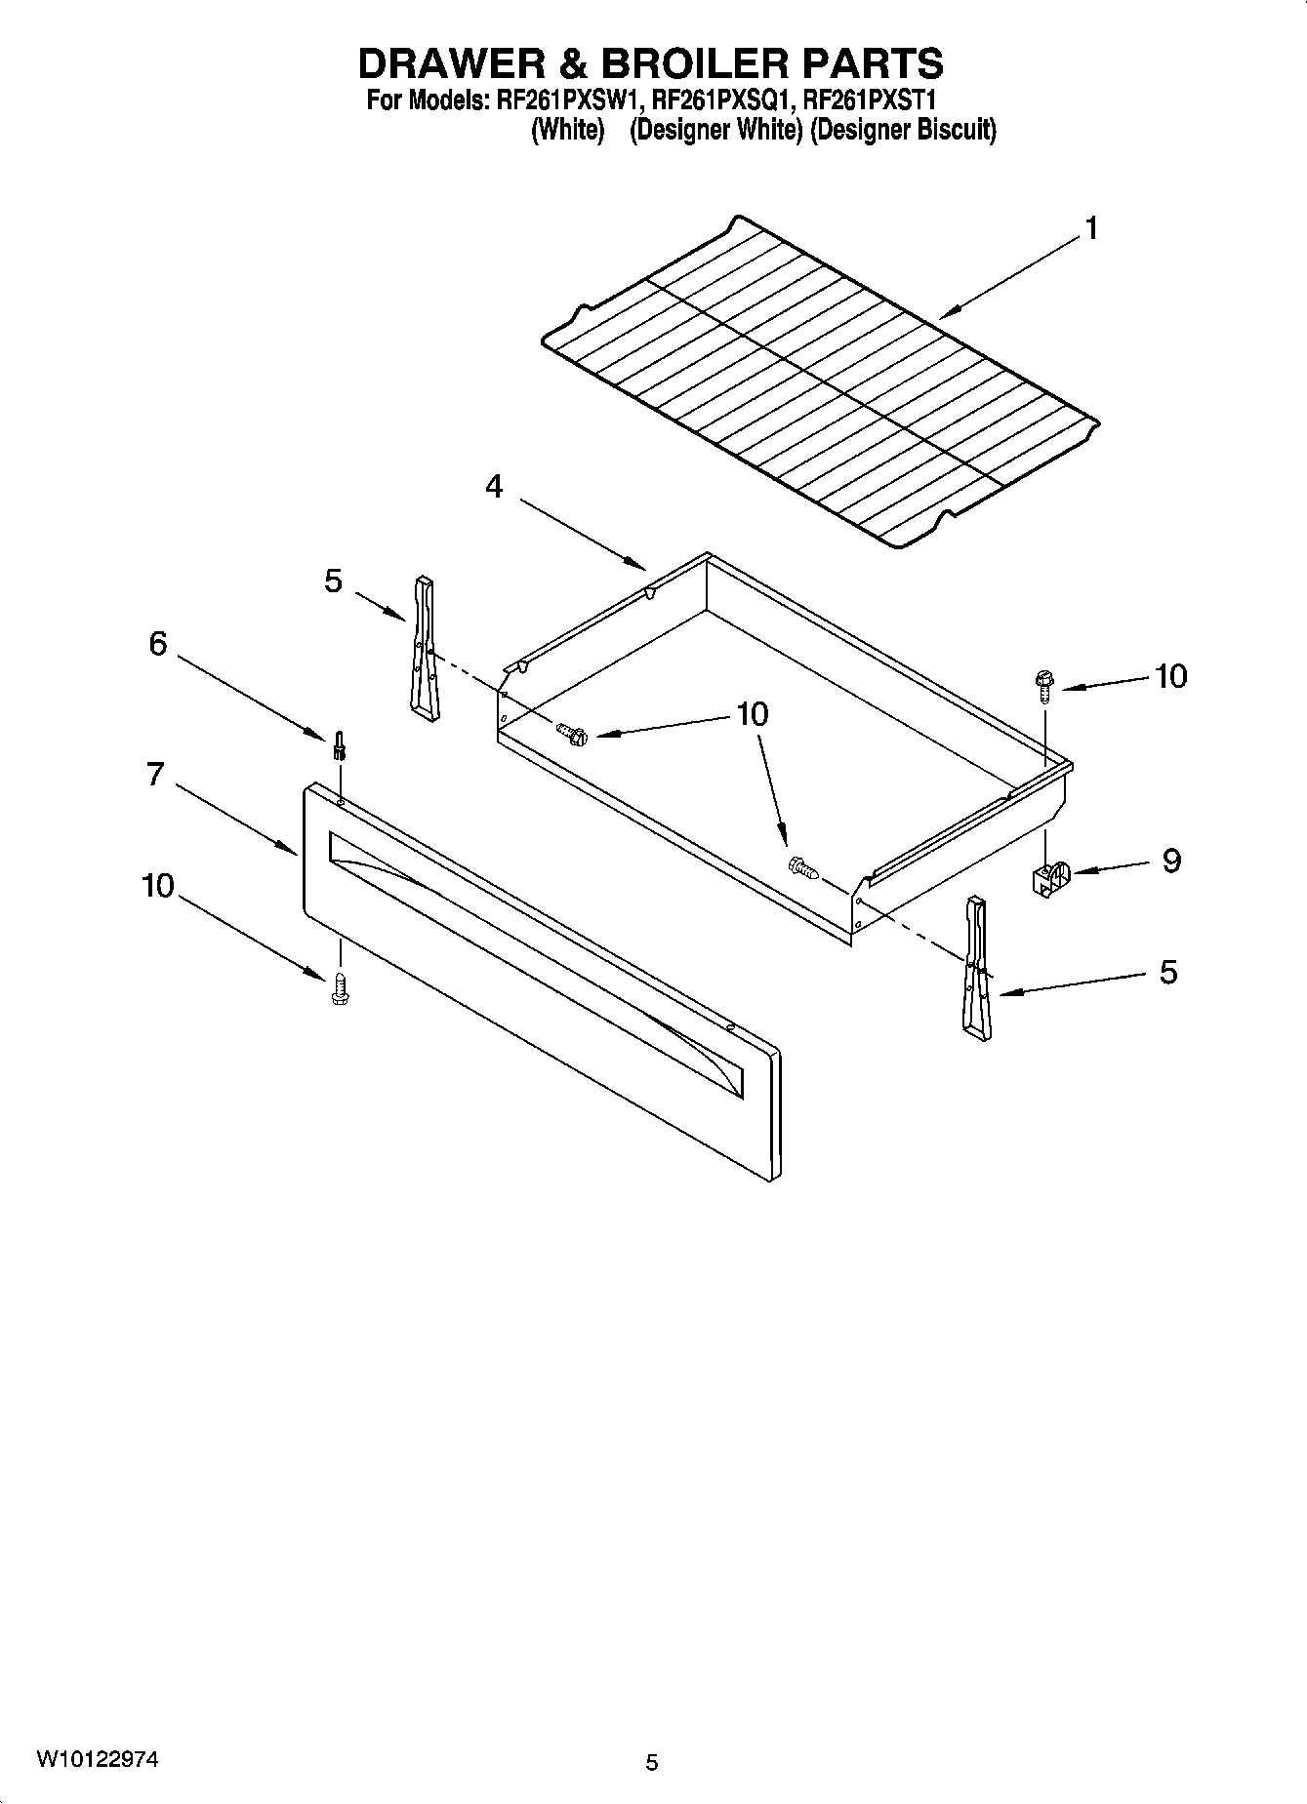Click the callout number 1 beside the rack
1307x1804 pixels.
click(1091, 228)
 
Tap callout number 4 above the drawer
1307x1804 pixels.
click(495, 486)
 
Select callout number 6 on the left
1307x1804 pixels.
click(158, 644)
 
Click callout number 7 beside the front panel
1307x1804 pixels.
click(154, 775)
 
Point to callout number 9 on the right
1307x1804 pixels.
click(1171, 861)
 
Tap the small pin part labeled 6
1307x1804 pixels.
click(340, 745)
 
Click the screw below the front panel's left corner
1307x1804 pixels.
click(340, 988)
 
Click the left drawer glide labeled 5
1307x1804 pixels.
click(424, 648)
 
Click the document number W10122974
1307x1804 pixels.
click(97, 1759)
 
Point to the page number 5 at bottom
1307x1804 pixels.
click(652, 1762)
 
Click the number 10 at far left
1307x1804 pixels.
click(158, 886)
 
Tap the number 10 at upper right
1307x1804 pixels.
click(1170, 676)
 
